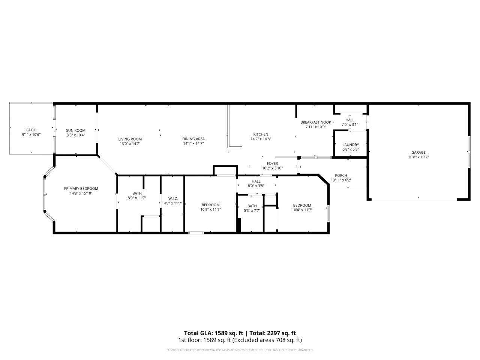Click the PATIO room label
coord(31,130)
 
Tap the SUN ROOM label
coord(76,130)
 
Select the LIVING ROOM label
coord(130,139)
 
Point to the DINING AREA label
coord(193,139)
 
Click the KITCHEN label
coord(261,134)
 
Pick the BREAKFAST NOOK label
coord(316,122)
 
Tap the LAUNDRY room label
coord(351,145)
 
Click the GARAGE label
coord(418,152)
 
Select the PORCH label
coord(341,175)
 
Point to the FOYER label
coord(272,163)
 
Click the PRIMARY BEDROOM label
coord(81,189)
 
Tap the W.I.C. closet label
coord(173,198)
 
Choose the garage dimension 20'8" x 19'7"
coord(418,157)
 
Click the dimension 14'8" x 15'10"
coord(81,193)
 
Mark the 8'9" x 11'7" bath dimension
coord(137,198)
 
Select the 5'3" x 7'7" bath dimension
coord(252,211)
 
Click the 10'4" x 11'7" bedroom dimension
coord(302,210)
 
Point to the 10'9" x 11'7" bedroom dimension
coord(210,210)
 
